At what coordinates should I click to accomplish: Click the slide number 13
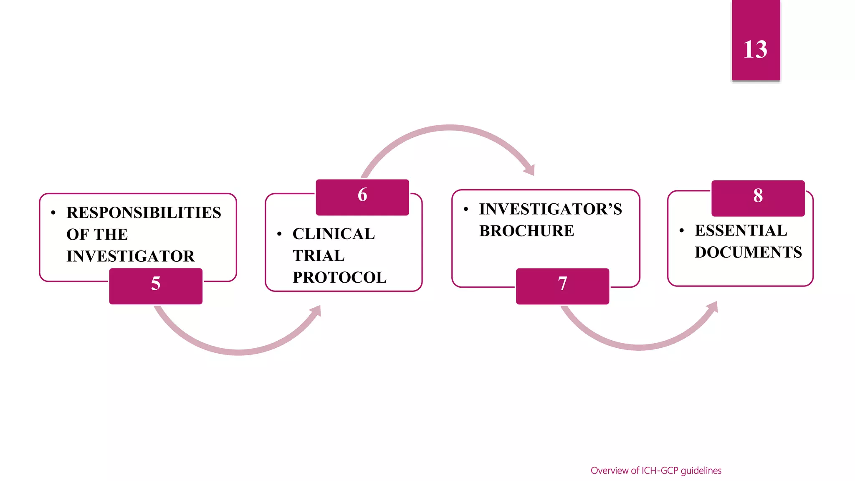pos(755,50)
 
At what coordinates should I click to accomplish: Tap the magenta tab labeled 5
pos(156,286)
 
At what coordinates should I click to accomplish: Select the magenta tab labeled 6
pos(362,197)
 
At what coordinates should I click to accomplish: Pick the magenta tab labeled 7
pos(562,286)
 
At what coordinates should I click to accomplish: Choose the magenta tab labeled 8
pos(758,198)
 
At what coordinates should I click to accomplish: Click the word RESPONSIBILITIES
pos(144,213)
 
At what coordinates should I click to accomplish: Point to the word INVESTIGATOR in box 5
pos(130,256)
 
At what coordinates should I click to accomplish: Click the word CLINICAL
pos(334,234)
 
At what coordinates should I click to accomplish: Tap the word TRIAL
pos(319,256)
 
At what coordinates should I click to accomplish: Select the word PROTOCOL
pos(339,278)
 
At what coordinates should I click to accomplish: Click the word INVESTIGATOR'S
pos(550,209)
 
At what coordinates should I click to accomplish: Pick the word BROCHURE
pos(526,231)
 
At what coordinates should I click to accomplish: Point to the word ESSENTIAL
pos(741,230)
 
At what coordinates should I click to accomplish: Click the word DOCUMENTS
pos(748,252)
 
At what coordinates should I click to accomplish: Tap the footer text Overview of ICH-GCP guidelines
pos(656,471)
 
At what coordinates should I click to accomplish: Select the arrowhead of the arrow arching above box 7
pos(529,170)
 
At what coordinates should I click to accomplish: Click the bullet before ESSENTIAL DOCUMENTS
pos(681,230)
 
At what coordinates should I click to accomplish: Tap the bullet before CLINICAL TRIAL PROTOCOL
pos(279,234)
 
